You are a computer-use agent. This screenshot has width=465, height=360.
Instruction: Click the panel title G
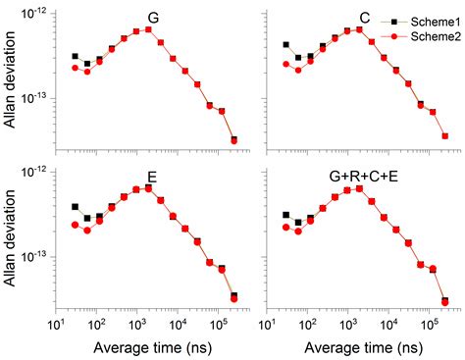(x=153, y=19)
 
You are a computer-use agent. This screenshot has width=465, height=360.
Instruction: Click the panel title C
(x=365, y=19)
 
